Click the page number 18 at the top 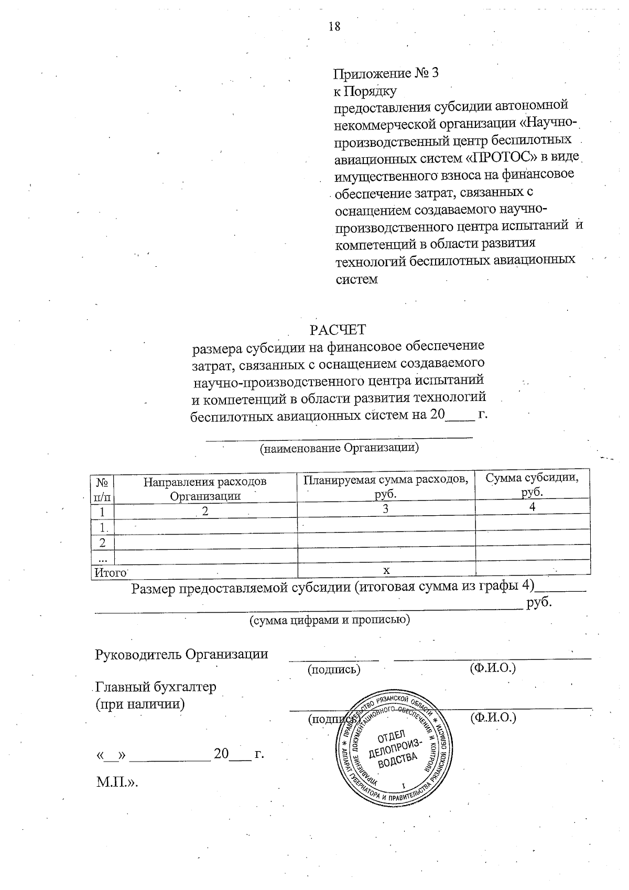coord(334,26)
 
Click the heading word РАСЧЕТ coord(338,330)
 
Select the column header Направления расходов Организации coord(205,488)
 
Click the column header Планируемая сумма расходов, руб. coord(386,486)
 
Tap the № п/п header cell coord(102,488)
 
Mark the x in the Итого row coord(386,570)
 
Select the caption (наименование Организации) coord(339,448)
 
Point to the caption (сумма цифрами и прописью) coord(329,620)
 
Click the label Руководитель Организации coord(181,654)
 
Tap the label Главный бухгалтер coord(156,687)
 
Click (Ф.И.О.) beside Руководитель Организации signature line coord(493,668)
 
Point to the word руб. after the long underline coord(539,602)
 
